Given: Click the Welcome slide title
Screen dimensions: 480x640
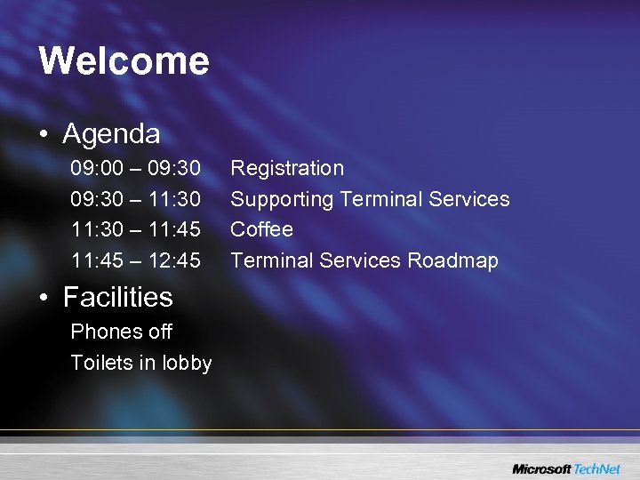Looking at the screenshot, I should [124, 61].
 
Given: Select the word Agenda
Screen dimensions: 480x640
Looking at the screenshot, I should [111, 134].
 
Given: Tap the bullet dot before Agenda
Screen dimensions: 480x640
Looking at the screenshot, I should [44, 135].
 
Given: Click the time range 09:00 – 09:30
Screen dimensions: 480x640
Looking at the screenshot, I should [135, 168].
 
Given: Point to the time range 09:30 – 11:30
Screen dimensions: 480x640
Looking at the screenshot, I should [135, 199].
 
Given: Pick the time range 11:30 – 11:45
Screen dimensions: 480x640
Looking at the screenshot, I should [135, 229].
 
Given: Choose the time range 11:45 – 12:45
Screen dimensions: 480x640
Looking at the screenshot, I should [135, 260].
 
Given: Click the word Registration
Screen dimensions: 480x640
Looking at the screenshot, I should [287, 168].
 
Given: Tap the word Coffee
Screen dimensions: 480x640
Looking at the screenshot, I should [261, 229].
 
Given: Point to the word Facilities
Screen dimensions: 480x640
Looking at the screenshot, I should [117, 297].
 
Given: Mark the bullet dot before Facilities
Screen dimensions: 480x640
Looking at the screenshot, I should [44, 298].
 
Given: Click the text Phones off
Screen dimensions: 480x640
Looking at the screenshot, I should [121, 332].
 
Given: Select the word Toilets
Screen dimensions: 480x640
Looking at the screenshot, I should [101, 363].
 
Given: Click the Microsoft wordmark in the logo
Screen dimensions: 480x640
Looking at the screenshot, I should [542, 468].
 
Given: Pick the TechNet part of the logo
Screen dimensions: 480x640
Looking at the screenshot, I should [597, 468].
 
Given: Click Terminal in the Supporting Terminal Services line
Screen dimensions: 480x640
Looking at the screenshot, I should [385, 199].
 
